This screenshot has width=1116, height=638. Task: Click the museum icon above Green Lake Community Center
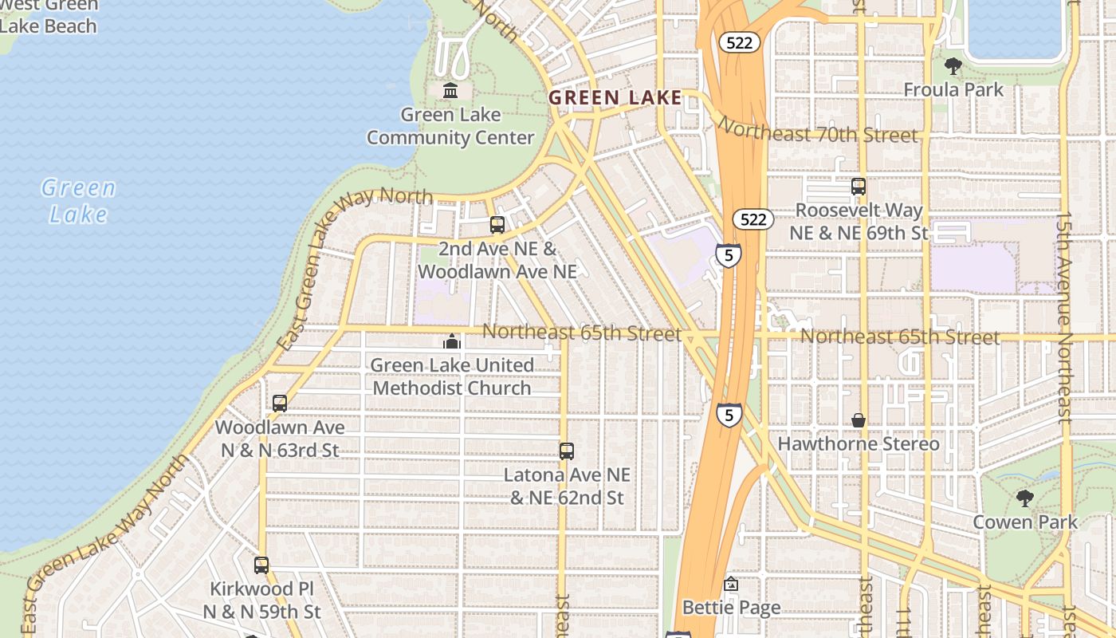450,91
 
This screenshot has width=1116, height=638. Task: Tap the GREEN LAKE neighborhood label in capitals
615,98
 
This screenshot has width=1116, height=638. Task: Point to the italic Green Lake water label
78,201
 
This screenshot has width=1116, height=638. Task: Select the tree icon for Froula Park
953,66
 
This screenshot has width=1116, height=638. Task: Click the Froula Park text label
953,90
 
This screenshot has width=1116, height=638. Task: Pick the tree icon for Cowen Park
1025,498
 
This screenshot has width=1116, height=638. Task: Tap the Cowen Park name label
1025,522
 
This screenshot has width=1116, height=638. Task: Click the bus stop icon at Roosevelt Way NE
859,187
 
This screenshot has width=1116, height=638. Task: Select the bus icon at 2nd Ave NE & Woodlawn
497,225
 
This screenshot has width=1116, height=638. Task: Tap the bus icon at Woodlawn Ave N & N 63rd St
280,404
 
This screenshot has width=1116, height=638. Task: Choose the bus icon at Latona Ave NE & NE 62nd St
567,451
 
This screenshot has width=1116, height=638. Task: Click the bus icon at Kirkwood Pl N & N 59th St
261,565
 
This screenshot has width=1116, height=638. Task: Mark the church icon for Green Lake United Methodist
452,342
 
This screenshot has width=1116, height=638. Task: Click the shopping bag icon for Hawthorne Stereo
859,420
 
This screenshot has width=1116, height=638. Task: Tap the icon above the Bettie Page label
731,585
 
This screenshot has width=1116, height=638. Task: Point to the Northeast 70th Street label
818,131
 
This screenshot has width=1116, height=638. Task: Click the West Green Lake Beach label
49,16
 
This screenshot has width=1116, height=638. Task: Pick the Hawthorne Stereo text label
859,443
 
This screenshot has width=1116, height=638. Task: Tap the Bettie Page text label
732,608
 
